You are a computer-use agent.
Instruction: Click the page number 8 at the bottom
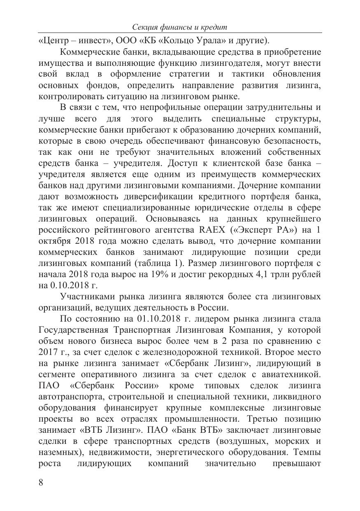click(40, 483)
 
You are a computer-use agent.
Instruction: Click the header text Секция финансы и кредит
click(180, 27)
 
